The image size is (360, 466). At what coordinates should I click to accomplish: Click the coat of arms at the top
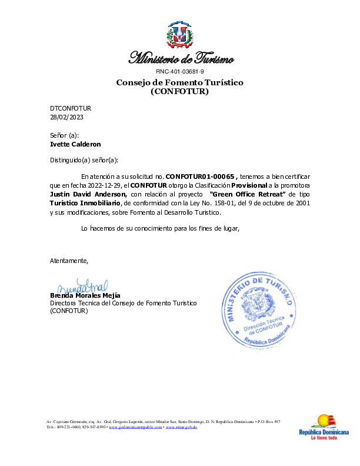pos(179,35)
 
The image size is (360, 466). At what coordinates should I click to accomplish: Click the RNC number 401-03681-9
pos(180,71)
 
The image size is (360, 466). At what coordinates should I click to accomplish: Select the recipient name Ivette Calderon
pos(75,144)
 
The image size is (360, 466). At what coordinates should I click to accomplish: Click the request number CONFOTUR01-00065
pos(201,176)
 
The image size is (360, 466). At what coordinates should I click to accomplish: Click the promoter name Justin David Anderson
pos(88,194)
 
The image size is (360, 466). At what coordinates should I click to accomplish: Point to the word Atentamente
pos(69,260)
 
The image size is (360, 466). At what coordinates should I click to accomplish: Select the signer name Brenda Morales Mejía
pos(85,295)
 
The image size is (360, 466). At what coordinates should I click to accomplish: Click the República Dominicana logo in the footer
pos(324,427)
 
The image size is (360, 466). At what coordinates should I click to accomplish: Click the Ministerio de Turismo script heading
pos(181,58)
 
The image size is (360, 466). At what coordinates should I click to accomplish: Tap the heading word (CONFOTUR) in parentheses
pos(180,92)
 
